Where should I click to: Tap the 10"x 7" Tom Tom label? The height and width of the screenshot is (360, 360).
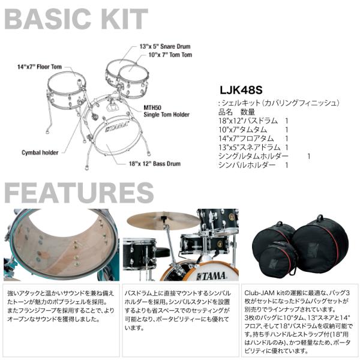point(170,55)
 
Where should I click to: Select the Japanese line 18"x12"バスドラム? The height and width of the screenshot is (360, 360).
point(247,121)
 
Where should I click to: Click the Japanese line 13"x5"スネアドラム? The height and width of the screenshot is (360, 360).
point(249,146)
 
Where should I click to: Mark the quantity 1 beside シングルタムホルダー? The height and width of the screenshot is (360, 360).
point(308,155)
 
